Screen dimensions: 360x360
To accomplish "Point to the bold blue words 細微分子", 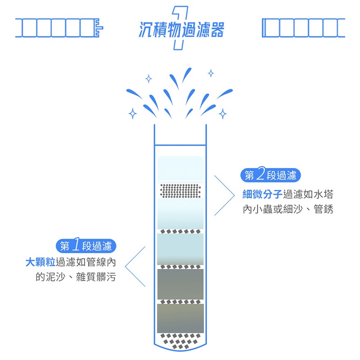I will (262, 194).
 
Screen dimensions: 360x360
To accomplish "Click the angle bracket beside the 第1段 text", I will (135, 266).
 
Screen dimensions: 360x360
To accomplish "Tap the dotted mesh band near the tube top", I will (180, 191).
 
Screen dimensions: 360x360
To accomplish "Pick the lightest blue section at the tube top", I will (180, 169).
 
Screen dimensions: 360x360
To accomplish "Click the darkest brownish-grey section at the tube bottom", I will (180, 318).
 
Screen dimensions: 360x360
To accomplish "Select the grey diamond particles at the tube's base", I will (180, 341).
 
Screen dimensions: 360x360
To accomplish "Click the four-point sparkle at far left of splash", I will (132, 113).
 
